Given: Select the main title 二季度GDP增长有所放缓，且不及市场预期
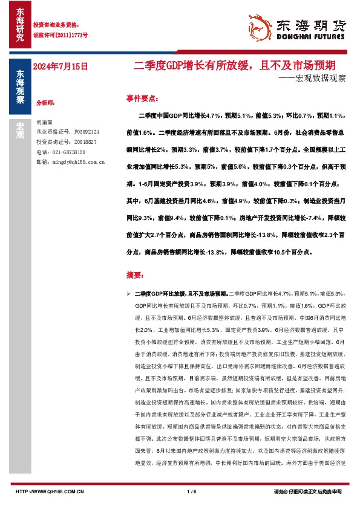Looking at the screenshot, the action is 235,64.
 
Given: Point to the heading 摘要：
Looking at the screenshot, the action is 135,275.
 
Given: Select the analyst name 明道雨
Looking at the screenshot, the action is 45,122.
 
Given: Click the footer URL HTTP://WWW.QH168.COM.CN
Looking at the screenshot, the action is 49,491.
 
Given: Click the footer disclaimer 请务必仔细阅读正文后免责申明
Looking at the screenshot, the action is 308,491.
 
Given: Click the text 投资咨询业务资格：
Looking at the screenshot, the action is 56,25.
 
